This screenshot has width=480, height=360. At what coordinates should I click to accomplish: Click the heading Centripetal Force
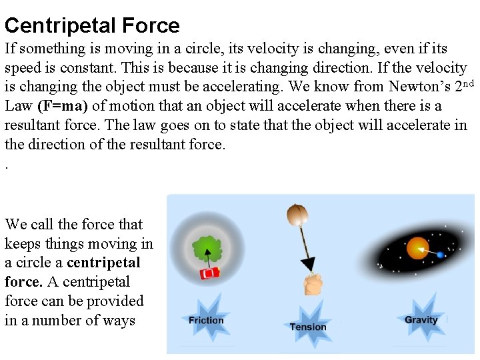pyautogui.click(x=92, y=26)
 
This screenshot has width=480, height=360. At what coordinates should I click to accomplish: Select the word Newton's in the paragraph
pyautogui.click(x=414, y=87)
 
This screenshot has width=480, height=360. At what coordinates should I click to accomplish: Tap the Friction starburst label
pyautogui.click(x=206, y=320)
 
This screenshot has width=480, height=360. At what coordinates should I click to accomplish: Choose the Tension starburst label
pyautogui.click(x=308, y=327)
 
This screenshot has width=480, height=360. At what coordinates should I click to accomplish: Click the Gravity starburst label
pyautogui.click(x=421, y=320)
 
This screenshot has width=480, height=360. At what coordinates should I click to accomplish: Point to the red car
pyautogui.click(x=210, y=273)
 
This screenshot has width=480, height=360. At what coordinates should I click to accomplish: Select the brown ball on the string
pyautogui.click(x=297, y=215)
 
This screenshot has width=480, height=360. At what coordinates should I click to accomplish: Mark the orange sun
pyautogui.click(x=418, y=248)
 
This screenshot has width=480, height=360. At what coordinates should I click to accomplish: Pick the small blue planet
pyautogui.click(x=440, y=255)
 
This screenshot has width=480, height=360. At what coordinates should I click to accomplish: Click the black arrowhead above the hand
pyautogui.click(x=307, y=264)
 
